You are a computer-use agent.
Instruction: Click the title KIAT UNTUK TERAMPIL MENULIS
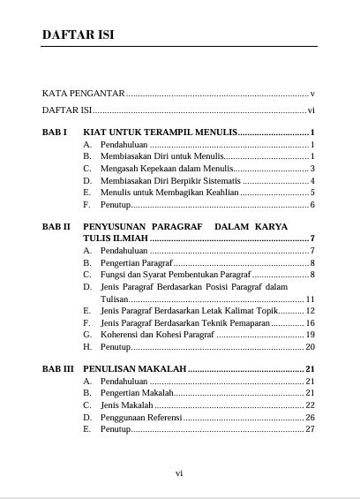coord(160,132)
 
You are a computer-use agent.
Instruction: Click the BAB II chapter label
coord(56,226)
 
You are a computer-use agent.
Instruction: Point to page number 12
coord(310,312)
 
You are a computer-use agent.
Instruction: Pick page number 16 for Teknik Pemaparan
coord(310,324)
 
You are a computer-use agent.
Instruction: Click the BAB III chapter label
coord(58,368)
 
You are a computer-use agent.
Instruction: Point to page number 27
coord(310,429)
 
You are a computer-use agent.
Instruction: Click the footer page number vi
coord(179,473)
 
